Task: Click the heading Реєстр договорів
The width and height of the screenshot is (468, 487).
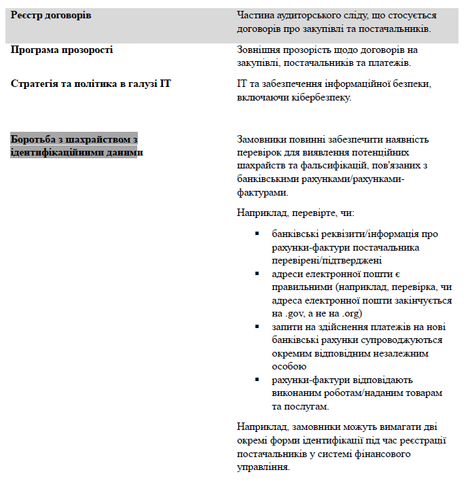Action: (x=51, y=15)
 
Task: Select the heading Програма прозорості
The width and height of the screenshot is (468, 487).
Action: (x=62, y=50)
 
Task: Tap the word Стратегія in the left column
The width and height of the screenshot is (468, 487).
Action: (x=34, y=84)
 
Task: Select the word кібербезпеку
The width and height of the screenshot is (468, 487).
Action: (x=323, y=98)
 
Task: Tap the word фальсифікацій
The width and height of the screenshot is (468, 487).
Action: (x=349, y=166)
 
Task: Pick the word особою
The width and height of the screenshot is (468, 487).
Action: (x=290, y=367)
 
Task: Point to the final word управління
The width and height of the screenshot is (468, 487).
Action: (x=264, y=467)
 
